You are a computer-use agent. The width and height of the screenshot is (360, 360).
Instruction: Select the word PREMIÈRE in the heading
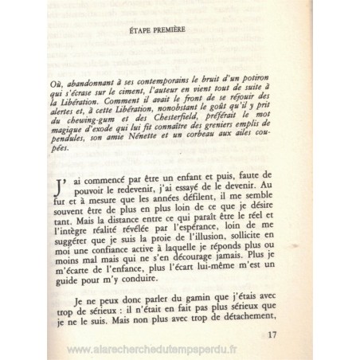(171, 33)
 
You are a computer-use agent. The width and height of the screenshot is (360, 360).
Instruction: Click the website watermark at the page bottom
(180, 348)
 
